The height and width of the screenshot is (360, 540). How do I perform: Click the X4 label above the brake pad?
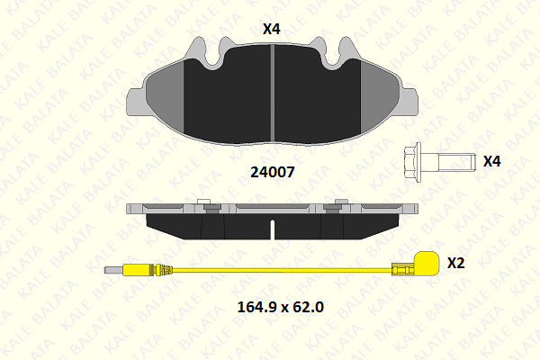[272, 29]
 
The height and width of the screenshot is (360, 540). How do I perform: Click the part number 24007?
[273, 172]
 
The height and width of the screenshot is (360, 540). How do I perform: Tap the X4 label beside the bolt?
[491, 161]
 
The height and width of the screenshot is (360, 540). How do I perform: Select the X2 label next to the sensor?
[456, 263]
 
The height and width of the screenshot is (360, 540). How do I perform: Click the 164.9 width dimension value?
[256, 307]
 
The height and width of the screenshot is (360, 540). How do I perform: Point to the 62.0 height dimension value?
[308, 307]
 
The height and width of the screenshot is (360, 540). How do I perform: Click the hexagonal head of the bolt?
[413, 162]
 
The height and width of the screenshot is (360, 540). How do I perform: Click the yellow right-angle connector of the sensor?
[427, 263]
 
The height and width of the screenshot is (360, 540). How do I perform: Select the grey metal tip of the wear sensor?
[114, 270]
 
